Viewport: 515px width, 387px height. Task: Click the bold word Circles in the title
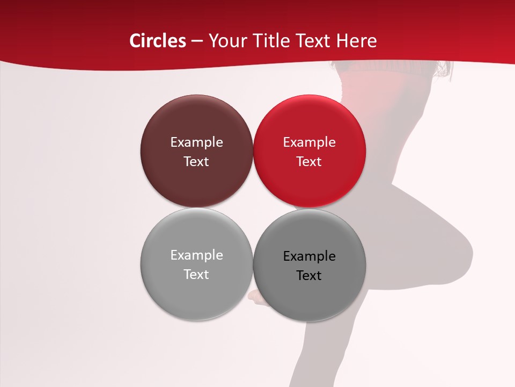tap(158, 41)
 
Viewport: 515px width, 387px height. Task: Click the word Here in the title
tap(357, 41)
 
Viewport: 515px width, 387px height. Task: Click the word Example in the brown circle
tap(196, 142)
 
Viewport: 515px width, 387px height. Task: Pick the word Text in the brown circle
tap(196, 162)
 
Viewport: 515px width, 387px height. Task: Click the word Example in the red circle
tap(309, 142)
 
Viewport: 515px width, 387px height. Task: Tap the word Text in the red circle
tap(309, 162)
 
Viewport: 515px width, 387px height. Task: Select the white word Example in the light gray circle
tap(196, 255)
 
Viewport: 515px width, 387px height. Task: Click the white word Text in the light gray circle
tap(196, 275)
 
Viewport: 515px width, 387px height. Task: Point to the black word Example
tap(309, 256)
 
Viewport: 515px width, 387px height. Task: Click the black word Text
tap(309, 276)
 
